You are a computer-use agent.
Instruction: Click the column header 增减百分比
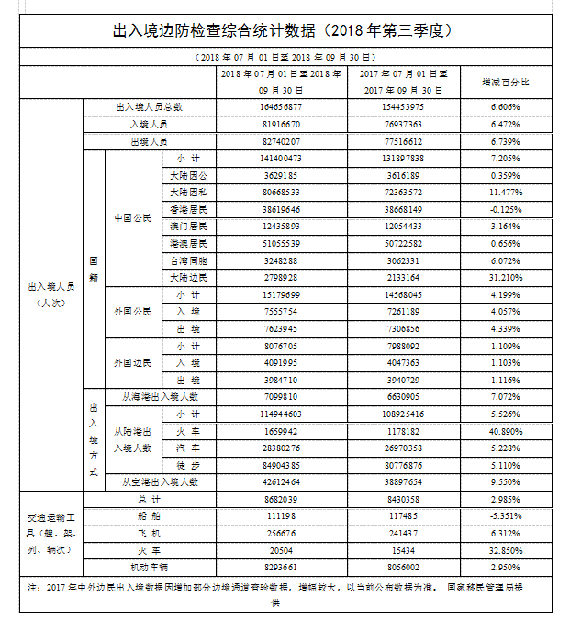point(506,82)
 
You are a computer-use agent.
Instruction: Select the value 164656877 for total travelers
point(281,107)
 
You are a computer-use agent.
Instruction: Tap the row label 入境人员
point(149,124)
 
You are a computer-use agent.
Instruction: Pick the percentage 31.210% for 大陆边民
point(506,277)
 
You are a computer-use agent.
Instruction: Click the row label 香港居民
point(188,209)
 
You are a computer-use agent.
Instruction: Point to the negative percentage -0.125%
point(506,209)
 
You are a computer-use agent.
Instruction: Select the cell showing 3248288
point(281,260)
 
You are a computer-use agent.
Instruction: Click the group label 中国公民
point(132,218)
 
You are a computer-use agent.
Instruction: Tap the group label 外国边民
point(132,363)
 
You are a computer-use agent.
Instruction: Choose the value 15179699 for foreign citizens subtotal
point(281,294)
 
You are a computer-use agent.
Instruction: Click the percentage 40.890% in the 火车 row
point(506,431)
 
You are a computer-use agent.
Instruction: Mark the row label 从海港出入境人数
point(161,397)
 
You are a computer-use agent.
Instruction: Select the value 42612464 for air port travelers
point(281,481)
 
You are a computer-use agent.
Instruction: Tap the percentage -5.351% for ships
point(506,516)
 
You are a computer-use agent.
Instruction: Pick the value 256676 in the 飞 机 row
point(281,533)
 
